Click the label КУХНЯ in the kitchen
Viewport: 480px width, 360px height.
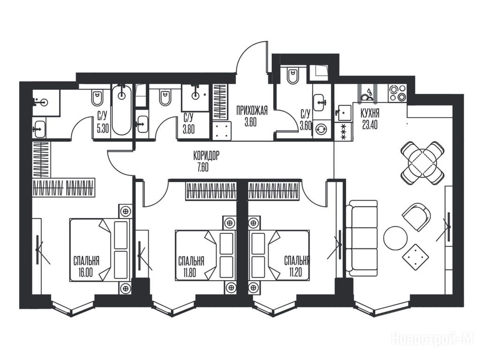[x=370, y=113]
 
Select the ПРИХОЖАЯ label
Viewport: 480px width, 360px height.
[x=252, y=110]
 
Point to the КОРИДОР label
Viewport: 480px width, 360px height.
[x=206, y=156]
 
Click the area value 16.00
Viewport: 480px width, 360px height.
[x=85, y=272]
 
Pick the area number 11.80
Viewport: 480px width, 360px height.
[x=189, y=272]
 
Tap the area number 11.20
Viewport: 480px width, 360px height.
[x=295, y=272]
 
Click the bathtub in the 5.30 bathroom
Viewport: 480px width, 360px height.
[x=121, y=110]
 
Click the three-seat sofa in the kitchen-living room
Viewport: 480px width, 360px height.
[x=361, y=238]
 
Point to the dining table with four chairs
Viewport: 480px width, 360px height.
[x=422, y=163]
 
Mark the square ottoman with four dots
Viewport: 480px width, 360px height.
[x=415, y=257]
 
